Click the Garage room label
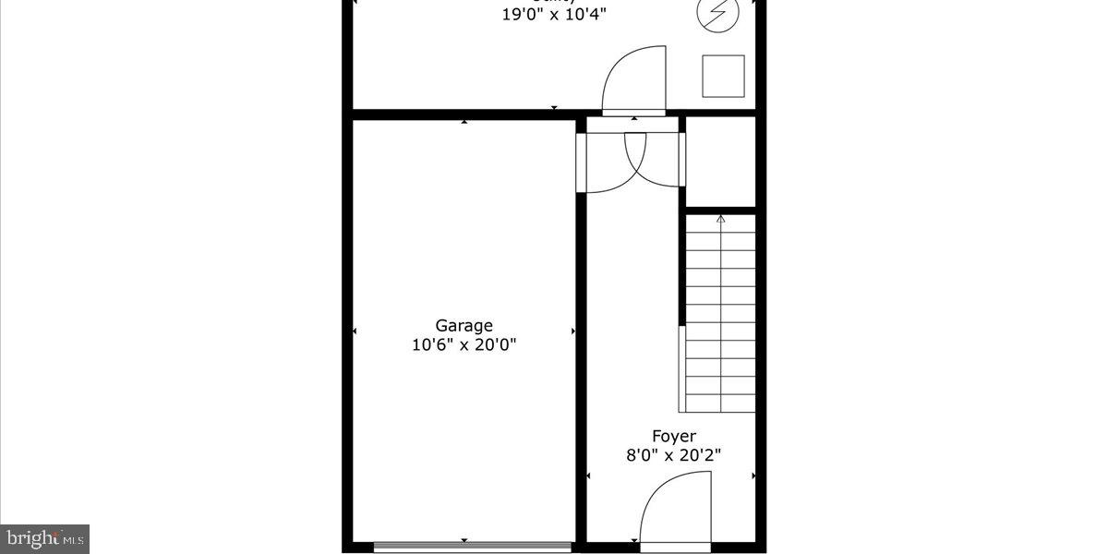(x=464, y=325)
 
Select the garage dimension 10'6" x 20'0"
(x=464, y=345)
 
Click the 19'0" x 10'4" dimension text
(x=555, y=15)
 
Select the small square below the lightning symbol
(x=723, y=76)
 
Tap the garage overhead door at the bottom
(x=472, y=547)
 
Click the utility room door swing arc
(x=633, y=79)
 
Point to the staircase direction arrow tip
(x=720, y=218)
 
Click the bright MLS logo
(x=44, y=537)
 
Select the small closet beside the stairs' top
(x=720, y=163)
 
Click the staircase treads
(x=720, y=314)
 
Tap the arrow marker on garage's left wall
(x=355, y=331)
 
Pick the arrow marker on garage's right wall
(x=573, y=331)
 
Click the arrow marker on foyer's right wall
(x=753, y=476)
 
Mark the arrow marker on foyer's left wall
(x=590, y=476)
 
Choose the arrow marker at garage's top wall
(x=464, y=122)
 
